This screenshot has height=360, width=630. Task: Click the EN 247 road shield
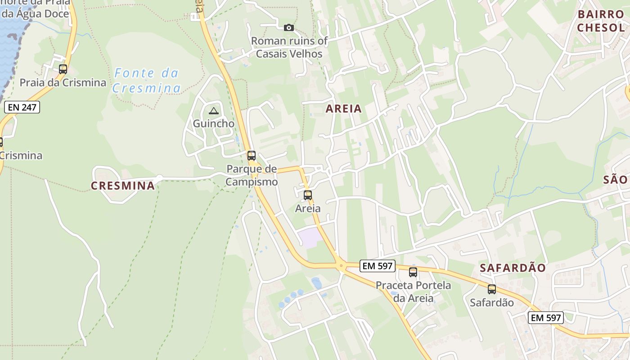pos(22,107)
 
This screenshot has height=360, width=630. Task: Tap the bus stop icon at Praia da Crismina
pos(63,69)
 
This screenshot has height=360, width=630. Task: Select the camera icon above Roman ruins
pos(289,28)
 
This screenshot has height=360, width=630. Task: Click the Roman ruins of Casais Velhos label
pos(289,47)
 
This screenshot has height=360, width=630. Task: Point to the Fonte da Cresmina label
pos(146,80)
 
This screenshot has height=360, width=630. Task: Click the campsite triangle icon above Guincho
pos(213,111)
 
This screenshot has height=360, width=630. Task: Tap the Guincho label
pos(213,123)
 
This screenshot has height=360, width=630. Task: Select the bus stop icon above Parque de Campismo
pos(252,156)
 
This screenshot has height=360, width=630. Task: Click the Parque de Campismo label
pos(252,175)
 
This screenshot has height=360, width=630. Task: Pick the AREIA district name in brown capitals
pos(343,108)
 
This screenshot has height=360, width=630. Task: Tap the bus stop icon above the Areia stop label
pos(308,195)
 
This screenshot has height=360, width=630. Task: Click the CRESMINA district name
pos(122,185)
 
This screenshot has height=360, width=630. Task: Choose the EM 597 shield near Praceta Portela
pos(378,266)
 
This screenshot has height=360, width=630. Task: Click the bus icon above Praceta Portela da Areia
pos(413,272)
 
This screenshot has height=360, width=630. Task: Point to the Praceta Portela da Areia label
pos(413,292)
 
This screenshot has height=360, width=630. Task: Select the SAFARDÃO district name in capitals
pos(513,268)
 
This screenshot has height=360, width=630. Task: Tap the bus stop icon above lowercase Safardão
pos(492,289)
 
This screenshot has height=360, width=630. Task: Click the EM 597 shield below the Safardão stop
pos(546,318)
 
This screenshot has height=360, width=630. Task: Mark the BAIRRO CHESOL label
pos(601,21)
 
